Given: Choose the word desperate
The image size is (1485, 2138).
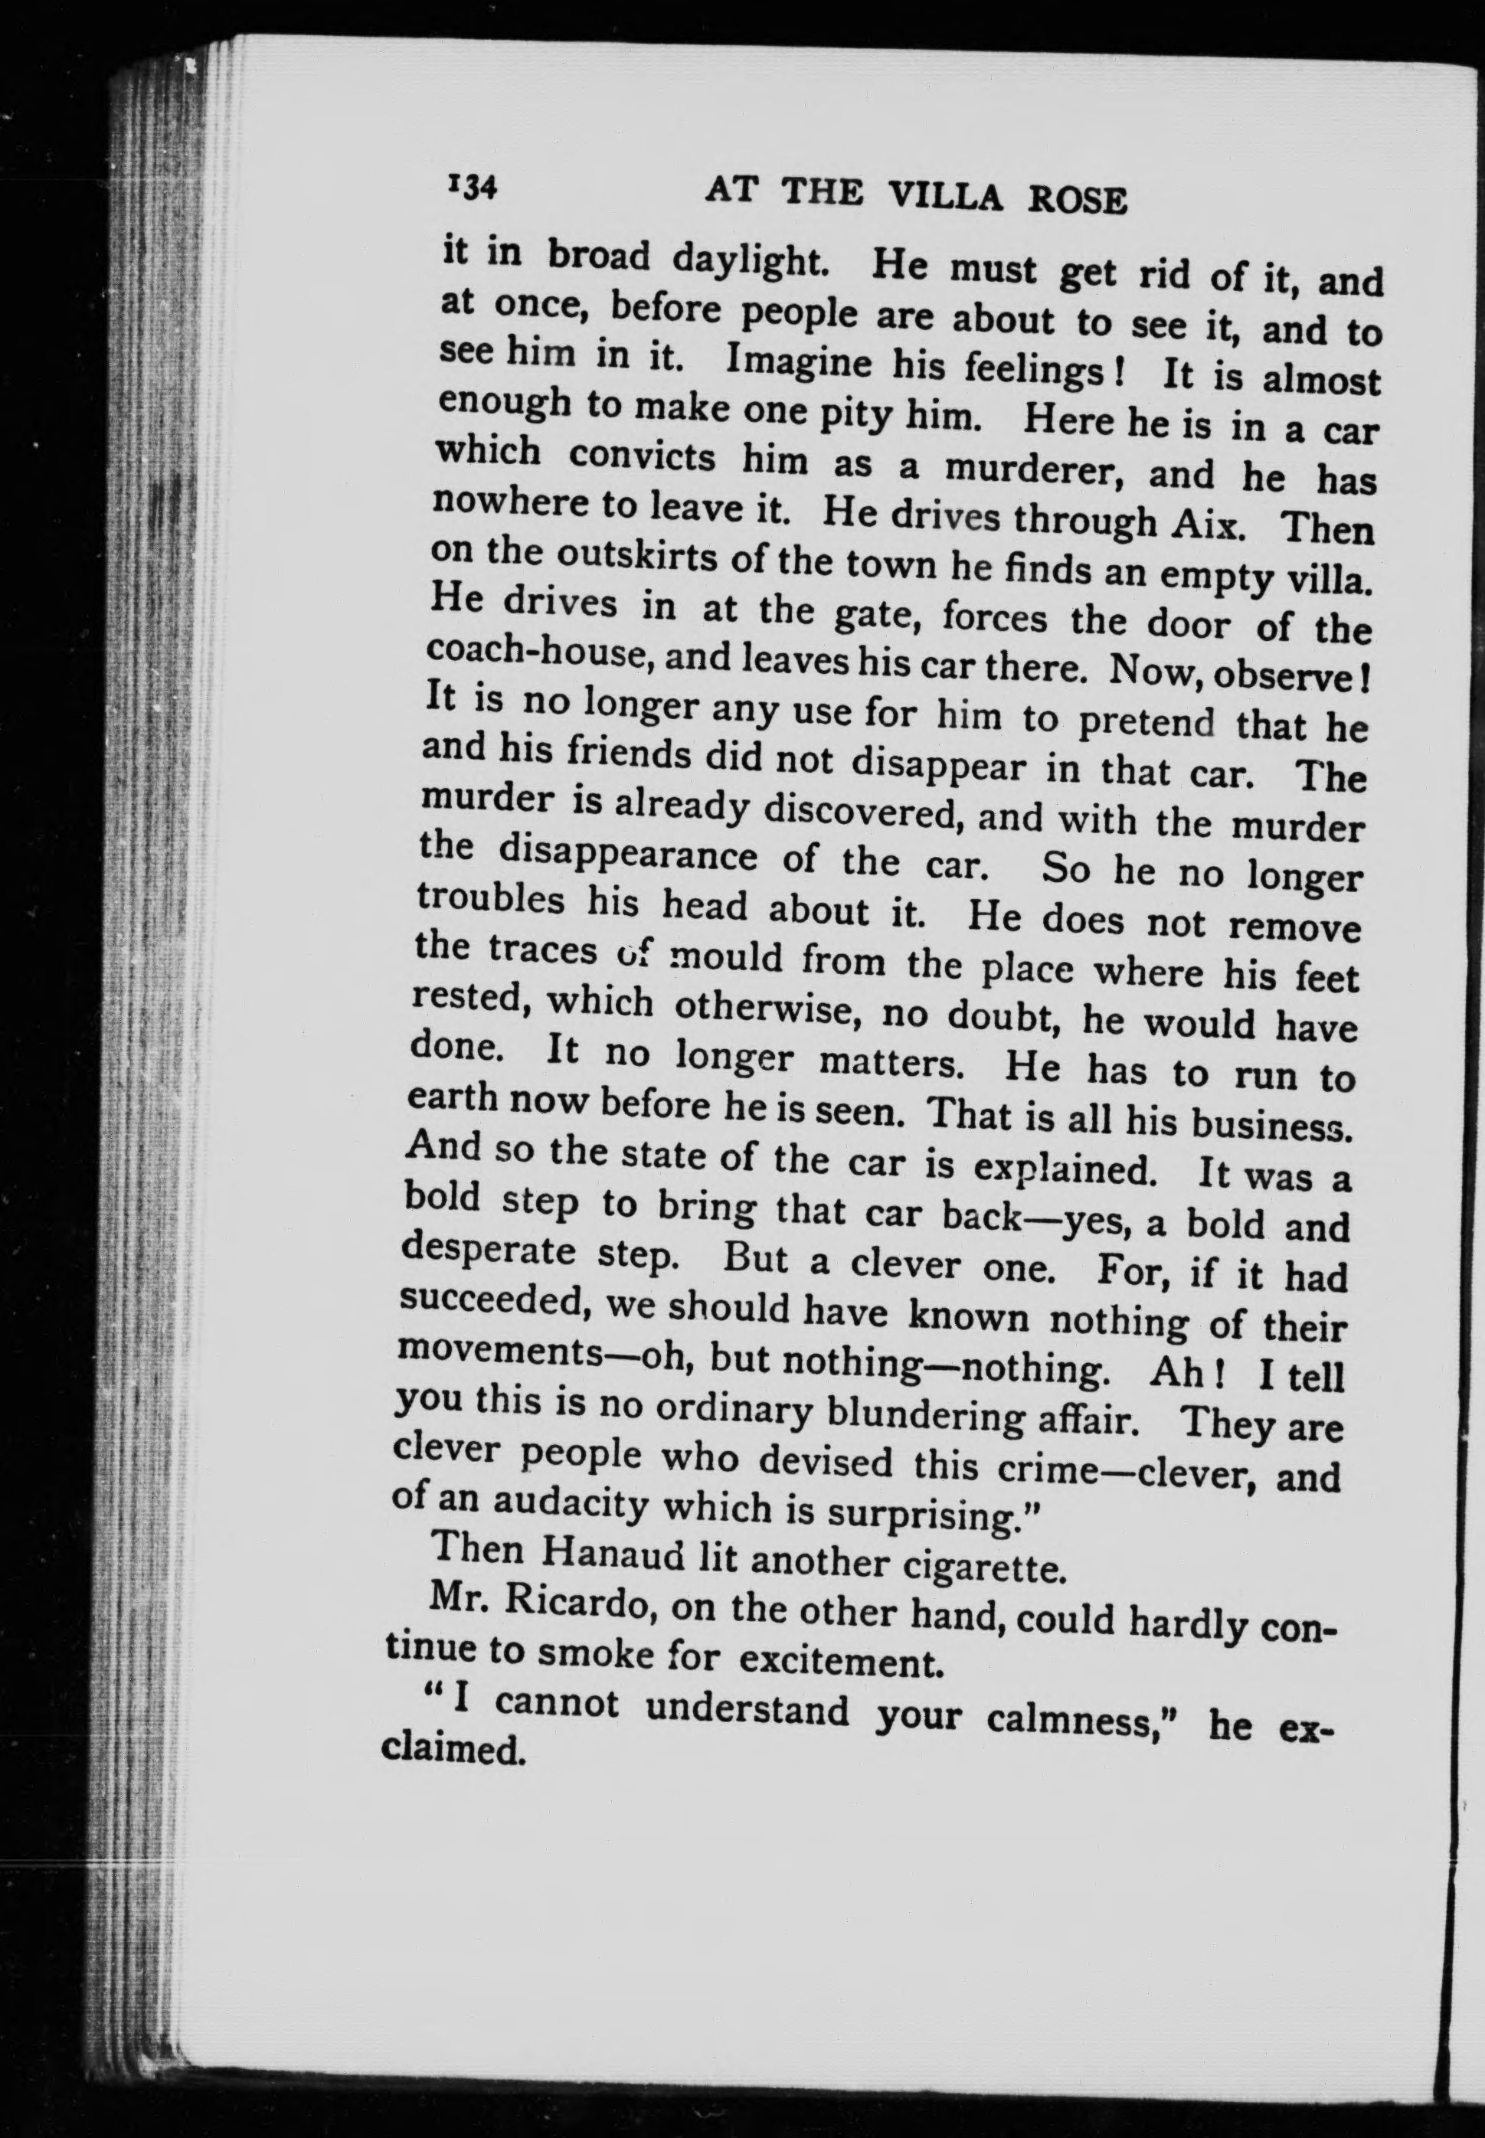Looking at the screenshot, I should (x=485, y=1251).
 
